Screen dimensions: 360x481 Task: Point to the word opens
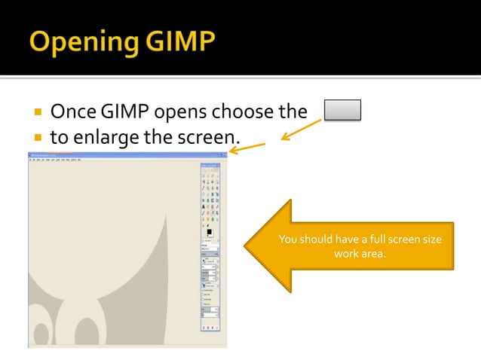click(x=183, y=113)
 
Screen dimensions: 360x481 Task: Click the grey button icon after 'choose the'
click(x=342, y=111)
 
